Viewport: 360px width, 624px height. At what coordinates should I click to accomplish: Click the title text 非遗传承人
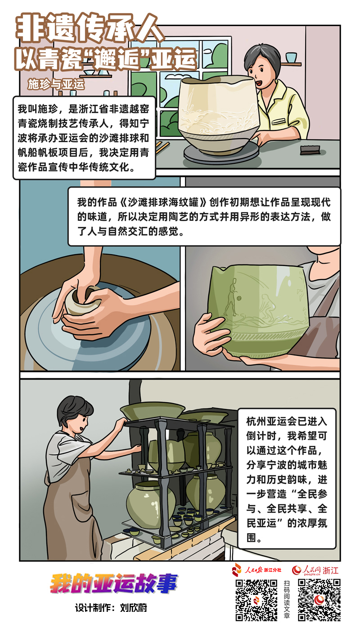click(x=90, y=28)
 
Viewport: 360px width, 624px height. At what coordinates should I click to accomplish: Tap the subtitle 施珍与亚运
click(x=56, y=84)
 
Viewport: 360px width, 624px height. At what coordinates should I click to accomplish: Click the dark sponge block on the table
click(x=310, y=150)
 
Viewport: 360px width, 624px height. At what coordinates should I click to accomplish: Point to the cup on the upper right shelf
click(x=291, y=57)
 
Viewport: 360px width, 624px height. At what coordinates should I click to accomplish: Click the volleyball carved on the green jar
click(x=239, y=298)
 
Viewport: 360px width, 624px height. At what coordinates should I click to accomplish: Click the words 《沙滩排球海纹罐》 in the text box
click(x=163, y=202)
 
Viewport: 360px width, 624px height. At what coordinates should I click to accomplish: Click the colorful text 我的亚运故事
click(x=114, y=583)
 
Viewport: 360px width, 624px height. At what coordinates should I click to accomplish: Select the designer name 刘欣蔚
click(x=134, y=608)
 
